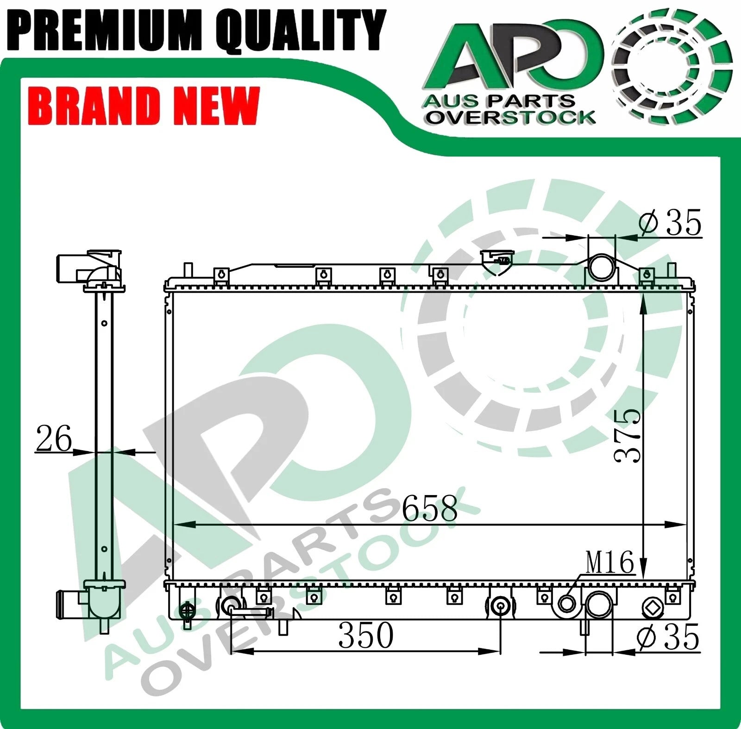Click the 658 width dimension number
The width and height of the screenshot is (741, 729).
coord(429,509)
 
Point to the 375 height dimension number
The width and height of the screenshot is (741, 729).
coord(628,436)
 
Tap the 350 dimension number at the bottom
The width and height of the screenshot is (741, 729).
coord(366,635)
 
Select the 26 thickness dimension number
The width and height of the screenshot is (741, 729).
coord(54,438)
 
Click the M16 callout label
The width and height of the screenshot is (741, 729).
coord(609,563)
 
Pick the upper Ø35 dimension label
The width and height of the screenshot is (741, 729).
coord(670,222)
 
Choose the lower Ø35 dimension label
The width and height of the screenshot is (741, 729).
coord(668,637)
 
